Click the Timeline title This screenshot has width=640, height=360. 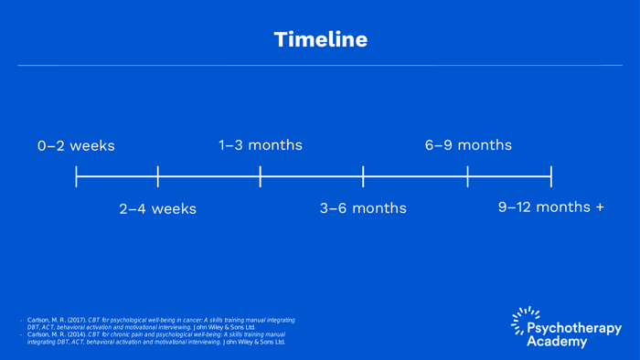pos(320,39)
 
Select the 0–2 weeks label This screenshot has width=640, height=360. pos(76,146)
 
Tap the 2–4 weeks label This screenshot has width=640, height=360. pos(157,209)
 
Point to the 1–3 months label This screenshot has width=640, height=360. pos(260,145)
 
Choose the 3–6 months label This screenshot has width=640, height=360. pos(363,208)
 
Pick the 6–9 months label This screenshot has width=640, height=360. pos(468,145)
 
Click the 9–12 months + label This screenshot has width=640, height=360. pos(550,207)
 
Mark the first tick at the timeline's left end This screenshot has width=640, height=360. pos(76,176)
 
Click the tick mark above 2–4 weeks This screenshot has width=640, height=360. pos(158,176)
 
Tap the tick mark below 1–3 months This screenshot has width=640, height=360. pos(261,176)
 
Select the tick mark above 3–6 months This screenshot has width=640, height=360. pos(363,176)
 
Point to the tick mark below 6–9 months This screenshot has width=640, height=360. pos(468,176)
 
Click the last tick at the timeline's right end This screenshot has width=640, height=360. pos(551,176)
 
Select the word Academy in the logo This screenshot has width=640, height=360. pos(563,341)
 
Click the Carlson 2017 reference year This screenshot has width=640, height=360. pos(77,320)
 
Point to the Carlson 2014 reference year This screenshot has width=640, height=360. pos(77,334)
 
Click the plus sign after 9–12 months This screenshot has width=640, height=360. pos(599,207)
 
